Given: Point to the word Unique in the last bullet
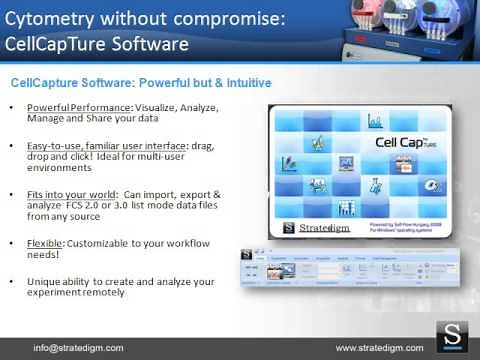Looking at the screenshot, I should pyautogui.click(x=43, y=281).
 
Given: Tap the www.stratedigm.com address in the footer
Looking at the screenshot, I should pyautogui.click(x=379, y=347).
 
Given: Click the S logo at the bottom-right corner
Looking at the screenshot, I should pyautogui.click(x=455, y=337).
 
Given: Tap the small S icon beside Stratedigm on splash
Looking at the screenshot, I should pyautogui.click(x=287, y=227).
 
